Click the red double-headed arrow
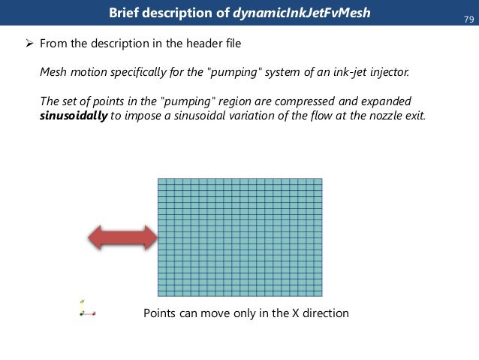[122, 238]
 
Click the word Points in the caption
[160, 313]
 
